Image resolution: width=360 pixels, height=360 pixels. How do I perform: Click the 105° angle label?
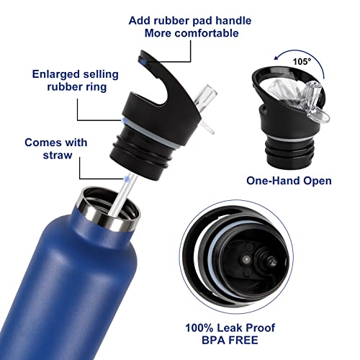[x=302, y=61]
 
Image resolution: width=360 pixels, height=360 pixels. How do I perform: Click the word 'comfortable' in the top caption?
[x=207, y=33]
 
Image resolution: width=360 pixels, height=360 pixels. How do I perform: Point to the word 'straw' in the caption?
[x=58, y=155]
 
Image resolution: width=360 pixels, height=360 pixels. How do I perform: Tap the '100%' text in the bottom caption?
[x=199, y=328]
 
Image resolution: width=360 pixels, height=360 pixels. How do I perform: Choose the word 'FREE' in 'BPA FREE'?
[x=243, y=340]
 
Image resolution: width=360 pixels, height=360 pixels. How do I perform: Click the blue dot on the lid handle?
[x=144, y=63]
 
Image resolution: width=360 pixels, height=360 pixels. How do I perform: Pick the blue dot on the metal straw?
[x=127, y=179]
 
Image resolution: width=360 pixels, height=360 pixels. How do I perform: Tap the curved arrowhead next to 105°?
[x=276, y=58]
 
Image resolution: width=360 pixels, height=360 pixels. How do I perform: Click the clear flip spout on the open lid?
[x=315, y=102]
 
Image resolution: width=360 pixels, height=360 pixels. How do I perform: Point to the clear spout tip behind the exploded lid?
[x=206, y=94]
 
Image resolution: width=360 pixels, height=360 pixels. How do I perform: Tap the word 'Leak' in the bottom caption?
[x=231, y=328]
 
